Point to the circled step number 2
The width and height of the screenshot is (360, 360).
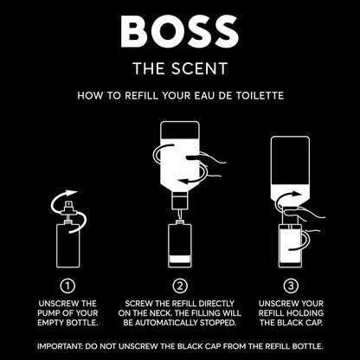click(180, 286)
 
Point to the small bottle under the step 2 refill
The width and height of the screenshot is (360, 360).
click(180, 246)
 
